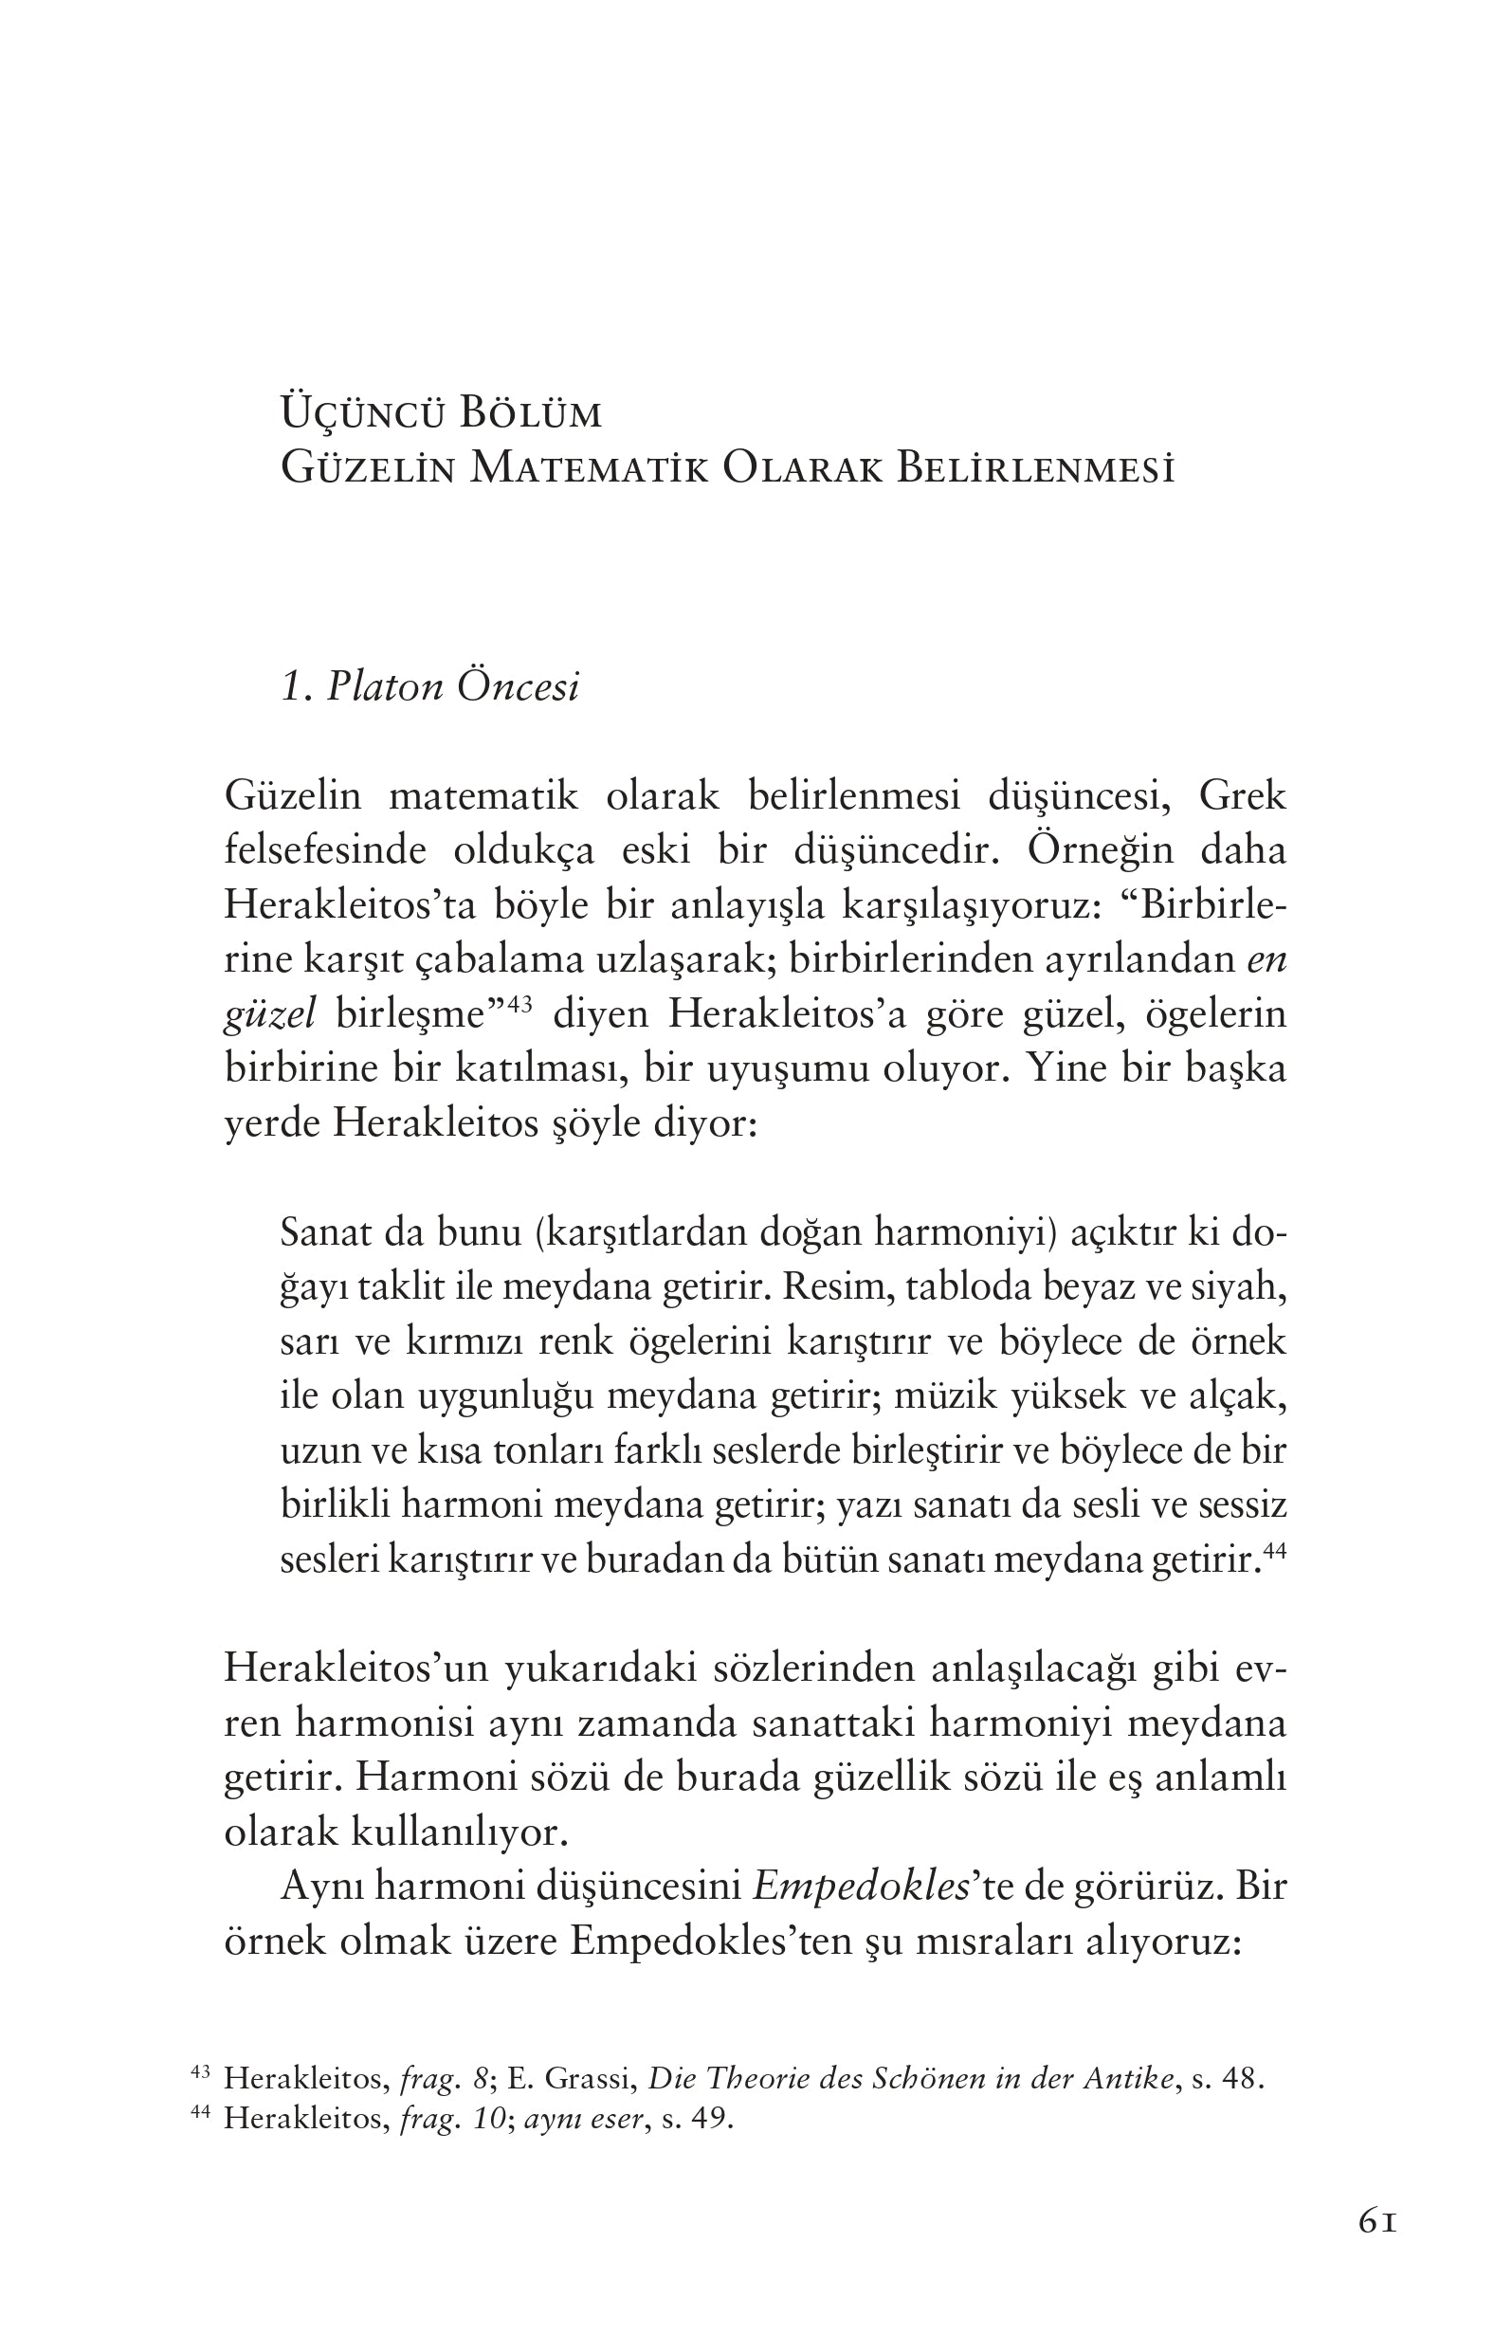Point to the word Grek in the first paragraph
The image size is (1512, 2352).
pos(1242,795)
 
